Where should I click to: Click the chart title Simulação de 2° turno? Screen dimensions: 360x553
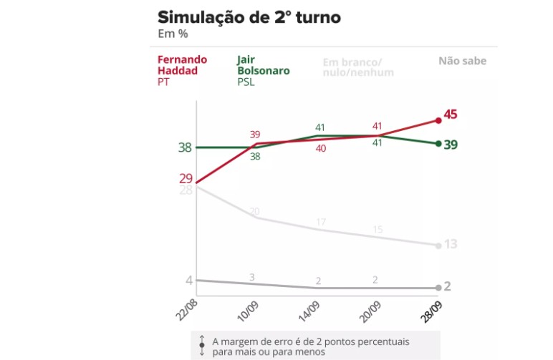click(249, 16)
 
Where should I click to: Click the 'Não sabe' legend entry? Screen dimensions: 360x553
click(462, 61)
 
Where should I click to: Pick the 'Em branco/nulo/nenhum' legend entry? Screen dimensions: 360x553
click(355, 67)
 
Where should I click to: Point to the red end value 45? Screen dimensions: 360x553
click(451, 115)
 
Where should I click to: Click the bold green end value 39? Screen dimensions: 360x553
click(451, 145)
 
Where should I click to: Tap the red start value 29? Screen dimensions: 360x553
click(186, 177)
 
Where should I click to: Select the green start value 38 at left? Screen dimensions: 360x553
click(185, 147)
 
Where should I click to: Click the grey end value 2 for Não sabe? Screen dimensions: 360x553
click(448, 286)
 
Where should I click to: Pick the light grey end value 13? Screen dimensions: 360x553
click(451, 245)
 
